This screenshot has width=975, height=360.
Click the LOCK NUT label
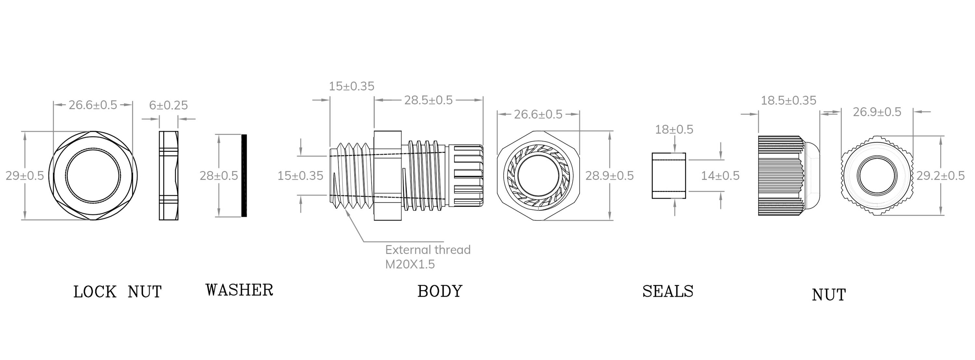[x=117, y=292]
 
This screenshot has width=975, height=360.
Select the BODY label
[x=440, y=291]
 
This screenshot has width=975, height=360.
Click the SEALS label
[x=668, y=291]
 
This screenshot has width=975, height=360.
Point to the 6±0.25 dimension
[x=168, y=105]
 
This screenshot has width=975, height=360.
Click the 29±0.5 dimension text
[x=25, y=176]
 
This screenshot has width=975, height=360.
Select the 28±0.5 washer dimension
[x=219, y=176]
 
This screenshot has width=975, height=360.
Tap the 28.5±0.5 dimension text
[x=428, y=100]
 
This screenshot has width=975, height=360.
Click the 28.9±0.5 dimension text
[x=609, y=176]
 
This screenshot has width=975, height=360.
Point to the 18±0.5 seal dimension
[x=674, y=129]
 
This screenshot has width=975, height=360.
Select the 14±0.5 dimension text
[x=720, y=176]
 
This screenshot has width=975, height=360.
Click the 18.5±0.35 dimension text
[x=788, y=101]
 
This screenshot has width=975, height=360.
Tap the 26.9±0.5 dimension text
[x=877, y=112]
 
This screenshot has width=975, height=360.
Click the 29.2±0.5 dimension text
[x=940, y=176]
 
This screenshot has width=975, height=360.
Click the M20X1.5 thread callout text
[x=410, y=264]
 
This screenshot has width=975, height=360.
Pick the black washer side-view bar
[x=244, y=176]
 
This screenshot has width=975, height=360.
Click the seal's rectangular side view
[x=669, y=176]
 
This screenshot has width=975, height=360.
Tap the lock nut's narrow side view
[x=168, y=176]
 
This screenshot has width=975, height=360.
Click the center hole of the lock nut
[x=93, y=176]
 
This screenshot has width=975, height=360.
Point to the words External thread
[x=428, y=250]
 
